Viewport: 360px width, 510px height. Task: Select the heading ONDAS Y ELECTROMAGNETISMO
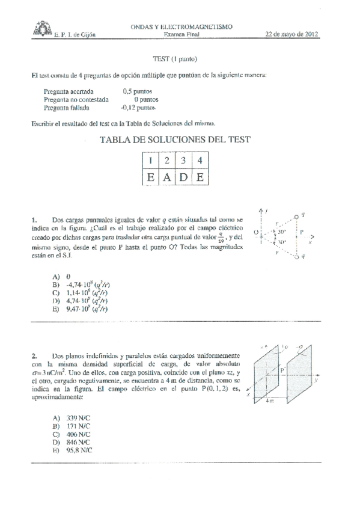[x=182, y=27]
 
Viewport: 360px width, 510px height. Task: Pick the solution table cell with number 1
[x=150, y=161]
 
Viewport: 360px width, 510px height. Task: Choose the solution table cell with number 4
[x=200, y=161]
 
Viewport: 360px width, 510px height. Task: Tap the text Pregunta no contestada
[x=76, y=100]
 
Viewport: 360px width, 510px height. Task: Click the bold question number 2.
[x=35, y=355]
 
